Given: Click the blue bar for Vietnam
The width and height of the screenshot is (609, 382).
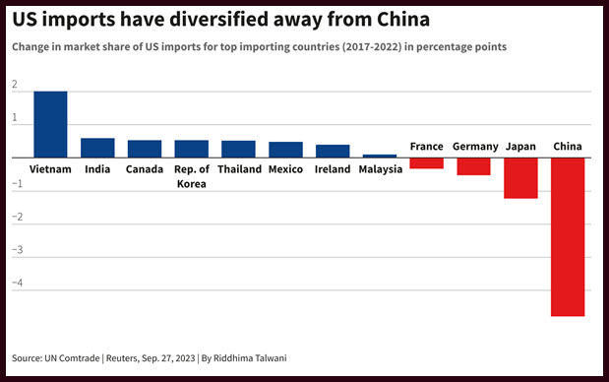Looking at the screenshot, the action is [50, 124].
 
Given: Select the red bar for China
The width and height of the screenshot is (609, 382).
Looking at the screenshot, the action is [568, 237].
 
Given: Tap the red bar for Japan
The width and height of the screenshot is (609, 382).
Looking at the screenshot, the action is [520, 178].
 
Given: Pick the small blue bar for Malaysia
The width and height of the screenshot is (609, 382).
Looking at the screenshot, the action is [380, 157].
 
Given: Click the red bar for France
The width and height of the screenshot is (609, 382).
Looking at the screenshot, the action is [426, 163].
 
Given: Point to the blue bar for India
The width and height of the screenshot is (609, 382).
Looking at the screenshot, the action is [97, 148].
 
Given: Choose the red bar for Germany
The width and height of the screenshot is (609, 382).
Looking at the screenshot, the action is [473, 166].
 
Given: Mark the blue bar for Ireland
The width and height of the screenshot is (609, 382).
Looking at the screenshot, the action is [333, 152].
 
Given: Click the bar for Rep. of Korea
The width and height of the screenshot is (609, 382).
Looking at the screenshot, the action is [192, 149].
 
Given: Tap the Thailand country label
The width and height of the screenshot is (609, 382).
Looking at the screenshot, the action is [239, 169].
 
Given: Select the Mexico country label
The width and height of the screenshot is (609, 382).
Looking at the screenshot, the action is [285, 169].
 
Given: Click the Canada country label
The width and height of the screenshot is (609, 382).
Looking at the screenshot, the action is [145, 169].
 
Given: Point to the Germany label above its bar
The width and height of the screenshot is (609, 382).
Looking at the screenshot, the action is [475, 147].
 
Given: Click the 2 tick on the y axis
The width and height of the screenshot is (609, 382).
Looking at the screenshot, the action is [15, 85].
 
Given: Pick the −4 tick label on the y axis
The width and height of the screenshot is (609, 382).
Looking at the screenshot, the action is [18, 283].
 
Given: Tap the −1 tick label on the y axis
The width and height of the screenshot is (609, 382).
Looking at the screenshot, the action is [18, 183].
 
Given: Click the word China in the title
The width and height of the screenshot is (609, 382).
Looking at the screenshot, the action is [403, 19].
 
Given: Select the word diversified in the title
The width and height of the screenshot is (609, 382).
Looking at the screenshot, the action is [219, 19].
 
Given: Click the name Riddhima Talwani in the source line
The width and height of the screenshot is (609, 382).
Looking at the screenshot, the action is [250, 358].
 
